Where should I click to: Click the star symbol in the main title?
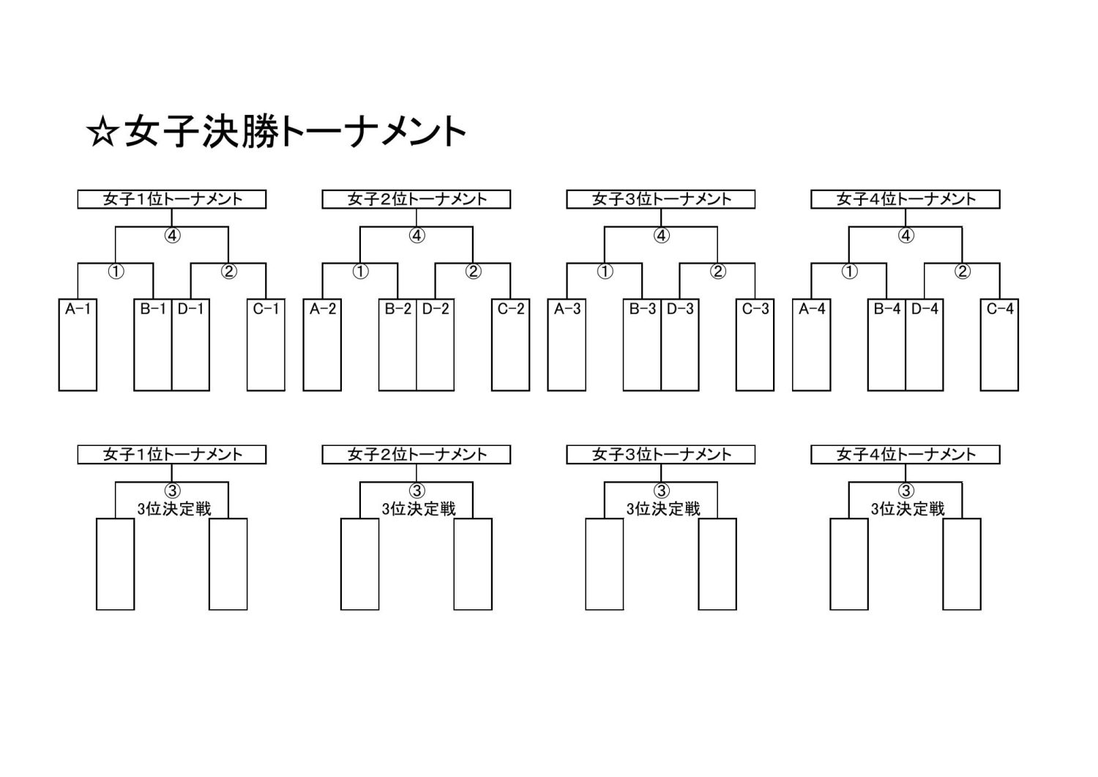pyautogui.click(x=103, y=133)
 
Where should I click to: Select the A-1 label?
pyautogui.click(x=78, y=308)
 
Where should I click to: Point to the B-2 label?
pyautogui.click(x=398, y=308)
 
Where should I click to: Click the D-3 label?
pyautogui.click(x=680, y=308)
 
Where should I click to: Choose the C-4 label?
pyautogui.click(x=1000, y=308)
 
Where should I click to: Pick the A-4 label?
pyautogui.click(x=813, y=308)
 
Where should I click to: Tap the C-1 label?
pyautogui.click(x=266, y=308)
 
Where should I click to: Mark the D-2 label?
pyautogui.click(x=436, y=308)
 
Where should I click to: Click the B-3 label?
pyautogui.click(x=643, y=308)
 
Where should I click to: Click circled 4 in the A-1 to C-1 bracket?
pyautogui.click(x=172, y=236)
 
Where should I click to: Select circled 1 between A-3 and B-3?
pyautogui.click(x=605, y=271)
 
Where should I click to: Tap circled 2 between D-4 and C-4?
pyautogui.click(x=963, y=271)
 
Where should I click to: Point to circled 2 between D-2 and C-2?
pyautogui.click(x=473, y=271)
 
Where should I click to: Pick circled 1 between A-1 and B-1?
pyautogui.click(x=116, y=271)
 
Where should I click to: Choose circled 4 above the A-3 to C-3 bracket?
pyautogui.click(x=661, y=236)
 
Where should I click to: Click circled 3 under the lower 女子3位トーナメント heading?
pyautogui.click(x=661, y=491)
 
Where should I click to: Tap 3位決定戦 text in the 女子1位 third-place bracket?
pyautogui.click(x=174, y=509)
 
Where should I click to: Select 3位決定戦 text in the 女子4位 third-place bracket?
pyautogui.click(x=908, y=509)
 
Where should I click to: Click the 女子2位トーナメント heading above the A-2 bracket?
pyautogui.click(x=417, y=199)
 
